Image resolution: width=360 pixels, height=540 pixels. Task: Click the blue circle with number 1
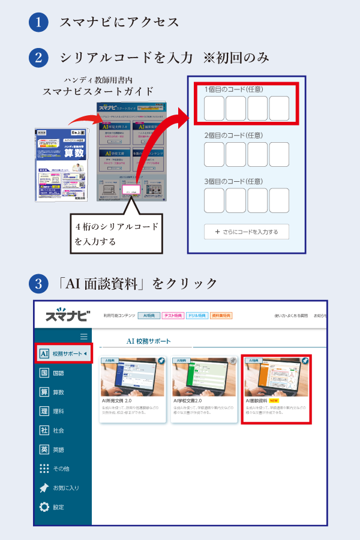point(38,22)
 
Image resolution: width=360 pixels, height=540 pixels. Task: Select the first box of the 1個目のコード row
point(214,108)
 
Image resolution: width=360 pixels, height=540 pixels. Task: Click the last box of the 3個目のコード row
point(279,200)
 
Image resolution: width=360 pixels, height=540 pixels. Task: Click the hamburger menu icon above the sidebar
point(84,337)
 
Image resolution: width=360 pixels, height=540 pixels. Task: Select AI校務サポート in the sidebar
point(63,353)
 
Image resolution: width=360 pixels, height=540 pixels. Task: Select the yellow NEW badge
point(274,400)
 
